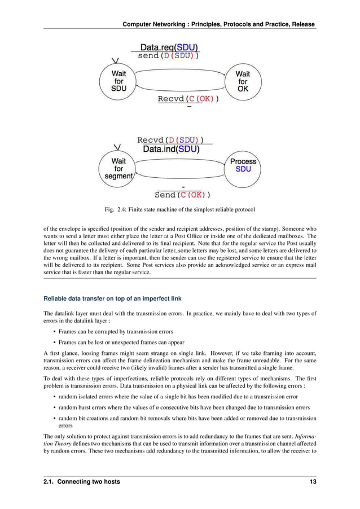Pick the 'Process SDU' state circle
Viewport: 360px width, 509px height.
click(x=243, y=165)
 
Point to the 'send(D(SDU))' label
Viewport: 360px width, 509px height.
click(x=168, y=56)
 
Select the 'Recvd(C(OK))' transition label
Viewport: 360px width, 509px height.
click(x=188, y=99)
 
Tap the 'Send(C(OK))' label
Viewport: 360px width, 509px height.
click(x=182, y=195)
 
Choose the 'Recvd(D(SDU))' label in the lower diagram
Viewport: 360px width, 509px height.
click(x=170, y=140)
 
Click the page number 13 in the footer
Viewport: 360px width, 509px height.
click(x=313, y=481)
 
